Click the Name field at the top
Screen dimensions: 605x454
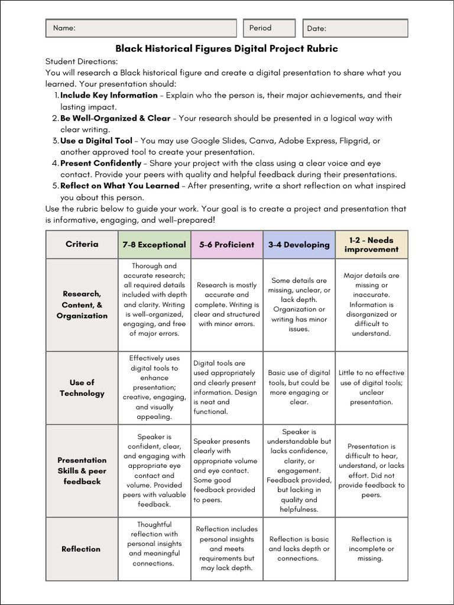141,28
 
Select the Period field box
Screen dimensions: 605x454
269,28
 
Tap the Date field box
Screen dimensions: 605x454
355,28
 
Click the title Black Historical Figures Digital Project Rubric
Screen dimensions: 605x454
226,48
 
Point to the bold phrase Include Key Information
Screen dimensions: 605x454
109,95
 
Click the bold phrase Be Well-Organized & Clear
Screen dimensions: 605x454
115,118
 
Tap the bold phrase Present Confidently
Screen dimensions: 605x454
101,163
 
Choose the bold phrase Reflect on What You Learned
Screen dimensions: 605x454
119,186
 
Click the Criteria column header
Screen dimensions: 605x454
82,244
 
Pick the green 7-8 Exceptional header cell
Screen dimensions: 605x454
154,245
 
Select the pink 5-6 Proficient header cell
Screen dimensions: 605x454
226,245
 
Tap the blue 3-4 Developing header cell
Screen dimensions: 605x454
299,245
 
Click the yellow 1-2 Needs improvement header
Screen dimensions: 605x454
371,245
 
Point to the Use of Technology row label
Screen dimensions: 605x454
82,388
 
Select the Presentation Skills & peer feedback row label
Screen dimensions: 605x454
82,470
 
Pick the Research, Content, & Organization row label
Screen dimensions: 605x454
82,304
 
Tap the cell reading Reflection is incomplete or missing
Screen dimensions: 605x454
371,548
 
